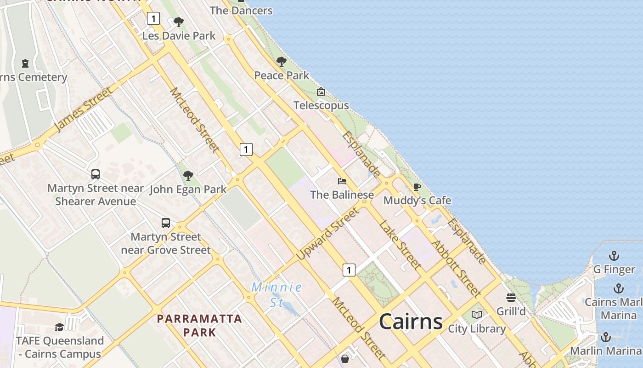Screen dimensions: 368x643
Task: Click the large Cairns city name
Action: (411, 321)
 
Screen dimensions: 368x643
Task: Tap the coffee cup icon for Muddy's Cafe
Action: (417, 187)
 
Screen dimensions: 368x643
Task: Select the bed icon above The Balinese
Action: (342, 181)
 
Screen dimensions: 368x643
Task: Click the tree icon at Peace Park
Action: (282, 62)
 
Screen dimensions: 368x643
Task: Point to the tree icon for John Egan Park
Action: (188, 175)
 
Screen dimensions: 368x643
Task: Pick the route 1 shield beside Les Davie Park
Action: (153, 18)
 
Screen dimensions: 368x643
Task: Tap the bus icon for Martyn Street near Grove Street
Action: (166, 223)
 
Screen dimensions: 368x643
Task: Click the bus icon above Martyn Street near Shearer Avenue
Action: (96, 174)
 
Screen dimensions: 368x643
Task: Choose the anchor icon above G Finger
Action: (614, 256)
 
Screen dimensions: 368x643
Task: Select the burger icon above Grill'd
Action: (511, 298)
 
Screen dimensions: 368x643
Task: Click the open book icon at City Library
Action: (477, 315)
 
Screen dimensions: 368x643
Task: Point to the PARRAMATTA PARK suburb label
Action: (199, 325)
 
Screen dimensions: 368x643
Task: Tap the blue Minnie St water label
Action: (276, 294)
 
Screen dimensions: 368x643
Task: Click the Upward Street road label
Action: (327, 234)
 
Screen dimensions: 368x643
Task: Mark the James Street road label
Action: (84, 109)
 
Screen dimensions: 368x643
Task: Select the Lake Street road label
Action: (400, 245)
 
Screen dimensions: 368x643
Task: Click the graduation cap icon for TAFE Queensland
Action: (59, 327)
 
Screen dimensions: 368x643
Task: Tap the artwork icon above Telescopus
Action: (321, 92)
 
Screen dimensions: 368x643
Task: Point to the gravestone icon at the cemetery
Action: (25, 63)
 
